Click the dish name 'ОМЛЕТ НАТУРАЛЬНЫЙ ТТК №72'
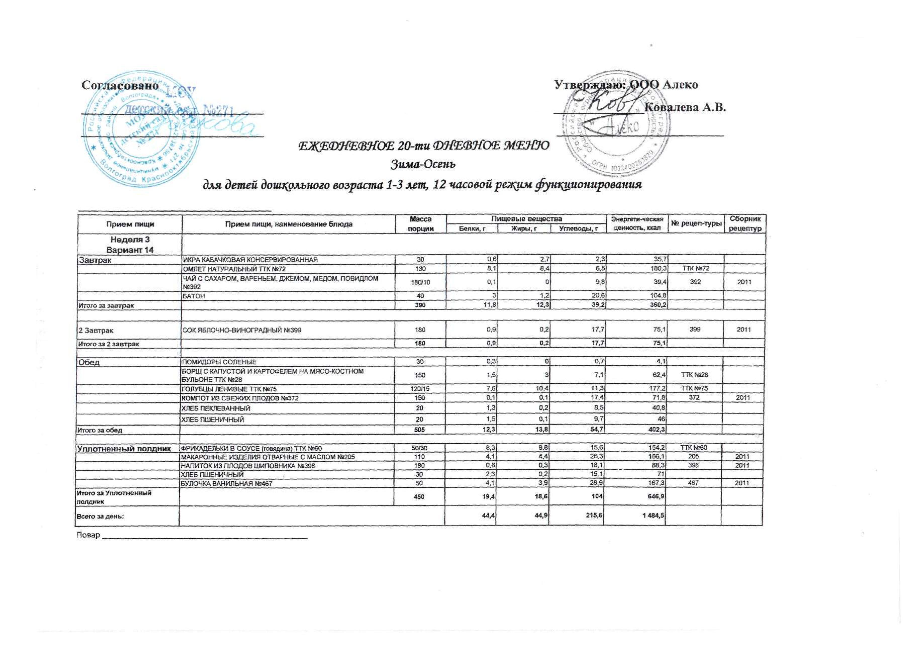click(234, 269)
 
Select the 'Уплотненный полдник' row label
click(124, 448)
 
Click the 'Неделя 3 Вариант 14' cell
click(130, 245)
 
